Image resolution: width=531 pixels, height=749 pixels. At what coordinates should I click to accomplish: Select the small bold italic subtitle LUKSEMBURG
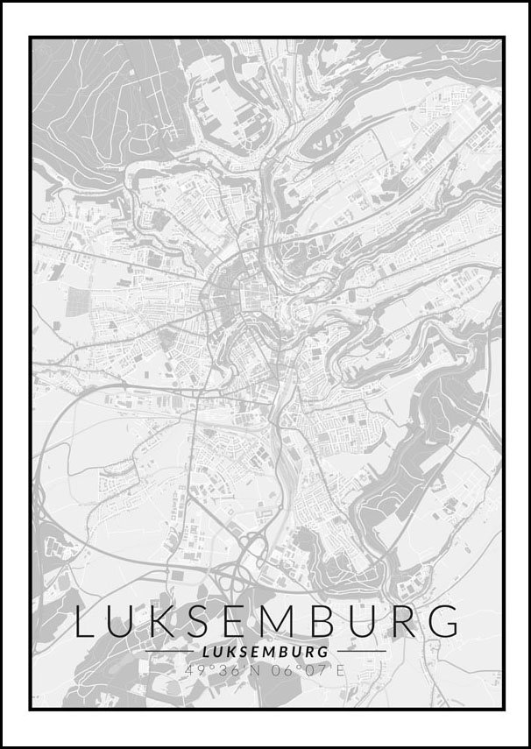(265, 652)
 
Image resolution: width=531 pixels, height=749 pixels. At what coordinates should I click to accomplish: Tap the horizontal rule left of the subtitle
(169, 652)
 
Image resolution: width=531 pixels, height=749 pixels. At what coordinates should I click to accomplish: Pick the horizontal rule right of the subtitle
(360, 652)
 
